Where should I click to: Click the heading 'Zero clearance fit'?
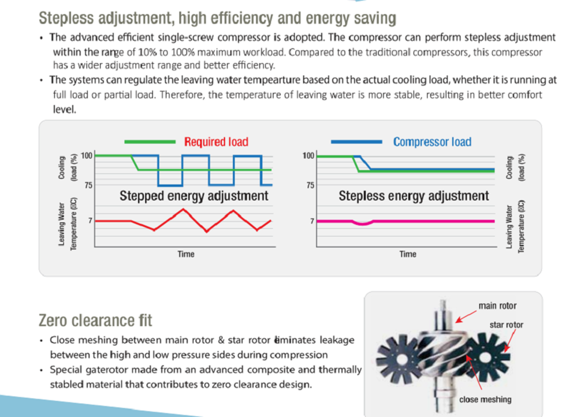click(x=96, y=320)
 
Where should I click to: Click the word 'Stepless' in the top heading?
click(x=66, y=18)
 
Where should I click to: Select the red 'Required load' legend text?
click(x=216, y=142)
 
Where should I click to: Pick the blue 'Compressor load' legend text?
click(x=432, y=142)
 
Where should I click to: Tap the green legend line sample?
click(x=150, y=142)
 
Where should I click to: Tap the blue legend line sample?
click(x=356, y=142)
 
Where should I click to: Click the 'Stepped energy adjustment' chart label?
click(x=194, y=196)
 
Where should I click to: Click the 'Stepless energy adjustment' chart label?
click(x=413, y=196)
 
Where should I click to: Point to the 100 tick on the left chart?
click(x=87, y=155)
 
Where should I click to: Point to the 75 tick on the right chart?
click(x=310, y=185)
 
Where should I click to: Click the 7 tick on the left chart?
click(x=90, y=221)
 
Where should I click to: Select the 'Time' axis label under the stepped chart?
click(x=185, y=254)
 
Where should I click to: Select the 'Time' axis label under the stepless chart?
click(x=408, y=254)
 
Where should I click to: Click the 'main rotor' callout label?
click(x=497, y=306)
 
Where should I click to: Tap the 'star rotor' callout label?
click(x=506, y=325)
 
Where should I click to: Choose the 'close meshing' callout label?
click(x=485, y=400)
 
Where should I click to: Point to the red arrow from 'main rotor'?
click(x=466, y=317)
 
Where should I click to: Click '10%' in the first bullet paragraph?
click(x=147, y=52)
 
